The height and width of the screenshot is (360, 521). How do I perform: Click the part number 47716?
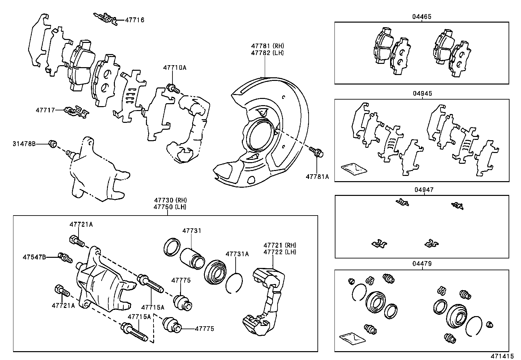pos(134,20)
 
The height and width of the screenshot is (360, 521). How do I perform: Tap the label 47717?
pos(45,110)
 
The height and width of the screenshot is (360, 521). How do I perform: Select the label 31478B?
pos(24,143)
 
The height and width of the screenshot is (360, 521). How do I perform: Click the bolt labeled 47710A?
pos(172,88)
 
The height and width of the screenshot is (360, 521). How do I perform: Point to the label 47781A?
pos(317,177)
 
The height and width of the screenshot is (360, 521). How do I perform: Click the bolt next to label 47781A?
pos(316,151)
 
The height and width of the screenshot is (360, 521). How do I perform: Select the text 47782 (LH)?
pos(267,53)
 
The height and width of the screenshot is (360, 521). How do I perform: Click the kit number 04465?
pos(422,16)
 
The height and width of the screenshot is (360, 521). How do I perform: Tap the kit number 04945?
pos(422,93)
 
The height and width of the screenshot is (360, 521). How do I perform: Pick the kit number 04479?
pos(422,264)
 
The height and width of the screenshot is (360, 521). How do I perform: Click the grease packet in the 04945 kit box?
pos(354,168)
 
